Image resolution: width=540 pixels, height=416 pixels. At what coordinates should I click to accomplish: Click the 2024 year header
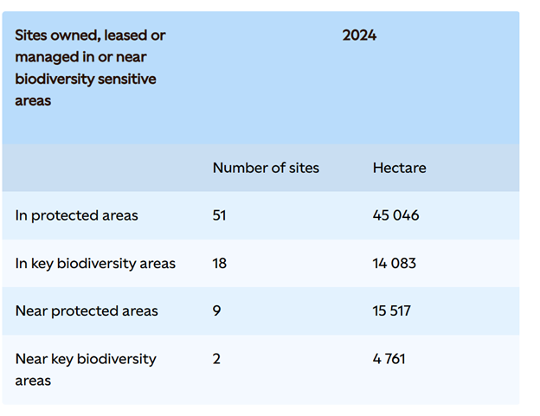point(359,35)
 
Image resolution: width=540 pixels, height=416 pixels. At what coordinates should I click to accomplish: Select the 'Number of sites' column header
point(266,168)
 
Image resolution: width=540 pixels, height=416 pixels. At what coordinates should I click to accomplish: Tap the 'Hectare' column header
point(399,168)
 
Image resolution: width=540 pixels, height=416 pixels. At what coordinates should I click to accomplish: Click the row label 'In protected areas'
point(76,215)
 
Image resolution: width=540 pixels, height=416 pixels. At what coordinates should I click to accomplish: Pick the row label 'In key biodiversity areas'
point(95,263)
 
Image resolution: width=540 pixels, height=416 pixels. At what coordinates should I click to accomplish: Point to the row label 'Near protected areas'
point(87,310)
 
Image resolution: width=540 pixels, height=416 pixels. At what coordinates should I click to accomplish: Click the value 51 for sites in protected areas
point(219,215)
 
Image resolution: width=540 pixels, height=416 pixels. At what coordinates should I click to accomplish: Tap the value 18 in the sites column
point(219,263)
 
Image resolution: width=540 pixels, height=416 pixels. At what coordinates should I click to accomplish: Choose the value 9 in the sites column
point(216,310)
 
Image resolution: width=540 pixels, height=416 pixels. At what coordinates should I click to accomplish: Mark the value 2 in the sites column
point(216,358)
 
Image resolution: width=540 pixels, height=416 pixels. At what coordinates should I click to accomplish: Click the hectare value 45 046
point(395,215)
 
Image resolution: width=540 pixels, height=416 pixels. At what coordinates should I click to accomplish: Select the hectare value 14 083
point(394,263)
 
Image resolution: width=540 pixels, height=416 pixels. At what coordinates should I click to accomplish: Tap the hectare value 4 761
point(389,358)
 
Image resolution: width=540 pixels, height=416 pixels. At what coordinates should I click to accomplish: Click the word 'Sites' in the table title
point(33,35)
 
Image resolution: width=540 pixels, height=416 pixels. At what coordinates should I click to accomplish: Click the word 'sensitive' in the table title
point(127,79)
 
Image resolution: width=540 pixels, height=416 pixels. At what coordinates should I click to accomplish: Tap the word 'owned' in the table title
point(77,35)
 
